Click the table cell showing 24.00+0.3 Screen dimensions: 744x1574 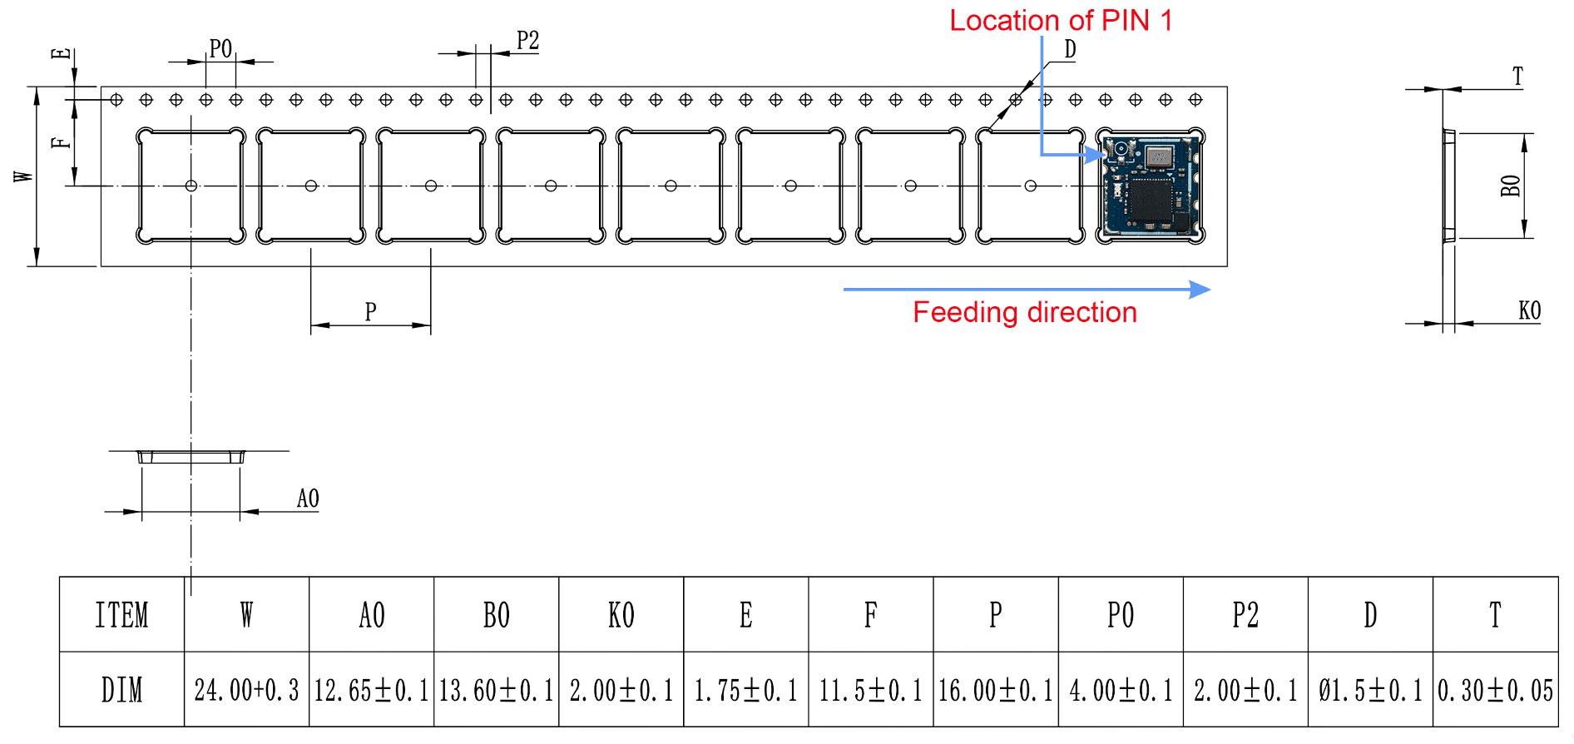[246, 690]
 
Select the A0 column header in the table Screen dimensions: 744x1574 [372, 615]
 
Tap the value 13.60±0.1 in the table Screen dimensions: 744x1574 [496, 690]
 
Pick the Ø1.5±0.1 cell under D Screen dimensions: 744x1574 [1370, 690]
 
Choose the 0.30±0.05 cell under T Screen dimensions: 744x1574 [1495, 690]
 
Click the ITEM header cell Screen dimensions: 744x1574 [121, 615]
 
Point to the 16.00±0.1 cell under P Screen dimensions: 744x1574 [995, 690]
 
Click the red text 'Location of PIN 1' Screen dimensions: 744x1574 [1061, 21]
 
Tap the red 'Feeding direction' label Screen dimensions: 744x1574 [1024, 313]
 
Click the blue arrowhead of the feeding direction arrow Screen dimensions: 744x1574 [1200, 290]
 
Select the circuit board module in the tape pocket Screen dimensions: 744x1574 [1151, 186]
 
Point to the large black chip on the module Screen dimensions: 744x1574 [1151, 200]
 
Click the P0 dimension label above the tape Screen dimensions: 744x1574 [220, 49]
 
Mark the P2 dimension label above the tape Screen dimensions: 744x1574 [527, 41]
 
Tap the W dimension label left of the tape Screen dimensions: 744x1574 [23, 176]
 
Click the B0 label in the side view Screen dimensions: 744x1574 [1511, 186]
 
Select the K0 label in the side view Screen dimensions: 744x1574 [1529, 311]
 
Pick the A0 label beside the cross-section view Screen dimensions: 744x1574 [308, 498]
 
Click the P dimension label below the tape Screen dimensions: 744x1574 [370, 312]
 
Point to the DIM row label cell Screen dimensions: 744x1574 [121, 690]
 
